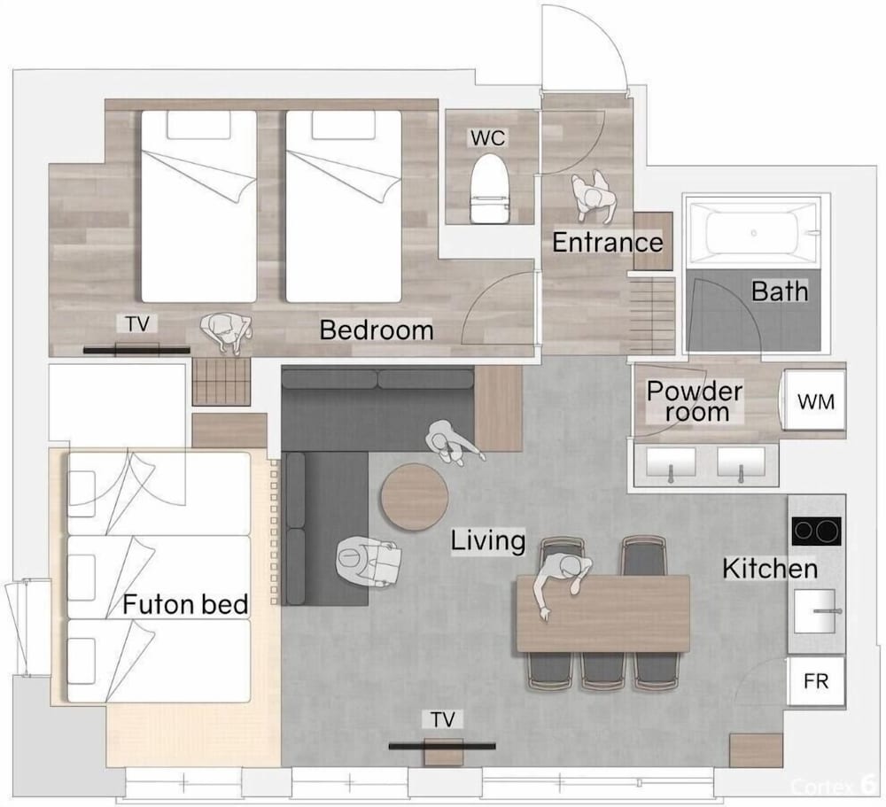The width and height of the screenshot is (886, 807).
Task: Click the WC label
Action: point(488,138)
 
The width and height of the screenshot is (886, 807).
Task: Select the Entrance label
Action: point(608,243)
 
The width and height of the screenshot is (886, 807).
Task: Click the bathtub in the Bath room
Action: point(752,232)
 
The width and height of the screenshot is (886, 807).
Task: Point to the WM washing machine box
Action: point(815,401)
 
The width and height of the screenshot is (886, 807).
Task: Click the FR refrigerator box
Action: point(816,680)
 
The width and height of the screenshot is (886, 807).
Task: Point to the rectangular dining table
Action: point(602,614)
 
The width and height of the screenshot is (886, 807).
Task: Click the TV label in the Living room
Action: point(442,720)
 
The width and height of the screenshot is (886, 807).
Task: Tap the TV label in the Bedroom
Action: point(137,324)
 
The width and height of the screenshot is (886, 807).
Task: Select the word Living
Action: point(488,541)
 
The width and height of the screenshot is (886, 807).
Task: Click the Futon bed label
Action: point(185,605)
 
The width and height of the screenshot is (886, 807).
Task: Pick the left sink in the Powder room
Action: point(671,462)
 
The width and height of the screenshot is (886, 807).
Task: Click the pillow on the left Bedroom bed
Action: point(198,125)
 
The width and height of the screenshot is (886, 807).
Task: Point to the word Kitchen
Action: point(770,569)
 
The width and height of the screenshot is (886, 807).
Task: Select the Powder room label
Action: point(696,402)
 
